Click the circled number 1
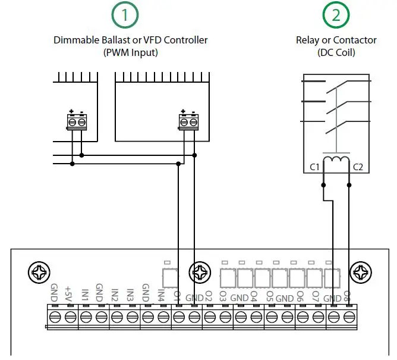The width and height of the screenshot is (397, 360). point(130,16)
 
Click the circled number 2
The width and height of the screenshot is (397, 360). point(336,16)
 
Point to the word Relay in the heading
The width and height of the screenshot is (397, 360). point(308,40)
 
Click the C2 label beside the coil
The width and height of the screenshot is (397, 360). point(358,167)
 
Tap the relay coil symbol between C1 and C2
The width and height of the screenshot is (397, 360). point(336,161)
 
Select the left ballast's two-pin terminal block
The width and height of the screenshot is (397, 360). point(75,121)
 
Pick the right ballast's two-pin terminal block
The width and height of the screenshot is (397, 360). point(187,121)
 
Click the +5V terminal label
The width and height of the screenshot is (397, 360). point(69,293)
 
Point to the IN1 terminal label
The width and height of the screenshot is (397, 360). point(85,294)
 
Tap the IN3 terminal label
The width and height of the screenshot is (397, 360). point(131,294)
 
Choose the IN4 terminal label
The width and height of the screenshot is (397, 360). point(161,294)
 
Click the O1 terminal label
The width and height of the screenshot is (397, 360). point(177,295)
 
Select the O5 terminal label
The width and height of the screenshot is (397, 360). point(269,295)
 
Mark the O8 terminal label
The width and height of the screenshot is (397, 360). point(346,295)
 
